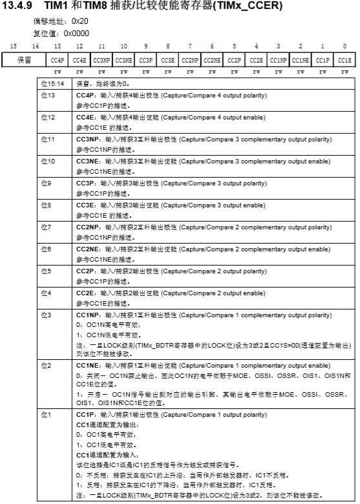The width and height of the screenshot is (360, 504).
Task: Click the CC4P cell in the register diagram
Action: click(x=57, y=59)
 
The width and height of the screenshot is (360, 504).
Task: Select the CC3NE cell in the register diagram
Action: click(x=123, y=59)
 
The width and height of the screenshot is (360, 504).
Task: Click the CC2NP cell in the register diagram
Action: click(x=189, y=59)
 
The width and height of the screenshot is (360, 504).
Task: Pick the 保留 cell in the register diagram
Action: click(x=23, y=59)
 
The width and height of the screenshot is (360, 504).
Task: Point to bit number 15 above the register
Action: click(x=13, y=47)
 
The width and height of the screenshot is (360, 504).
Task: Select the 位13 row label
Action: click(x=45, y=94)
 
